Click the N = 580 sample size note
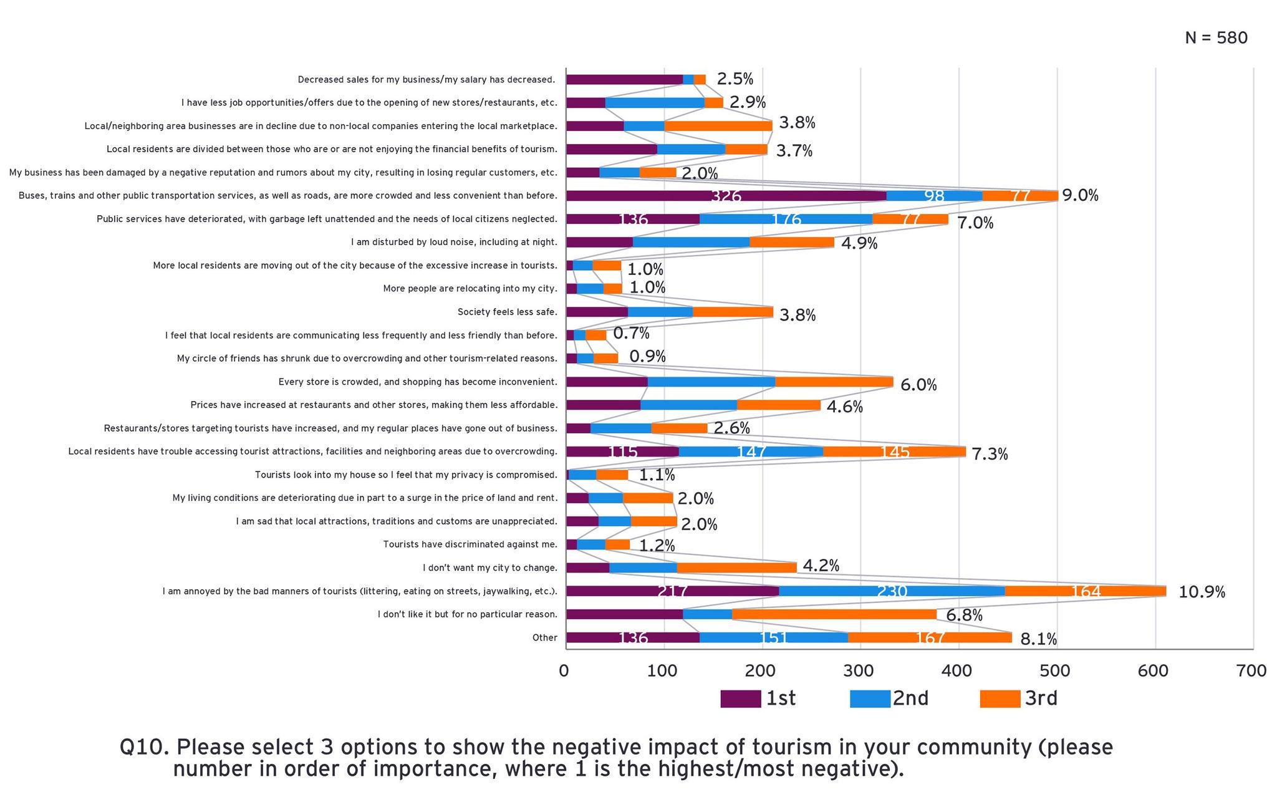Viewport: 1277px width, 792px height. [1216, 38]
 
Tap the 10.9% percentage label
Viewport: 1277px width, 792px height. [1202, 592]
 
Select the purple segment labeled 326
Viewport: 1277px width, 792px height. [726, 196]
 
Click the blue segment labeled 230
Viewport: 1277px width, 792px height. [892, 591]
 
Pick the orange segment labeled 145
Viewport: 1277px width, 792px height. [894, 452]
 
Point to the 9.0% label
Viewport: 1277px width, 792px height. [1080, 195]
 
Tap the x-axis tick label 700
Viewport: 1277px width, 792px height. [1251, 671]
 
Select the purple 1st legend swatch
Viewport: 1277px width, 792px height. [740, 699]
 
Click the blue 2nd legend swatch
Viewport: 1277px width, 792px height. [870, 699]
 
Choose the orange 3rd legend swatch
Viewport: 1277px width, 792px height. [1000, 699]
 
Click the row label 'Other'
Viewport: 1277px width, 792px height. [544, 638]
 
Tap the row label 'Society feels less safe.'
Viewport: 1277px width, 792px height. [507, 312]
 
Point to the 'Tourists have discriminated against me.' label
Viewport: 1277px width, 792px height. [470, 544]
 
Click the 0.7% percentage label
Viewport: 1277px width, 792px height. [631, 334]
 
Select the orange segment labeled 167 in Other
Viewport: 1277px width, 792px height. [930, 637]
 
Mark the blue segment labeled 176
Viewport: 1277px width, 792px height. [786, 219]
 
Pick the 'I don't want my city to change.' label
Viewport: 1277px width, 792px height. [489, 568]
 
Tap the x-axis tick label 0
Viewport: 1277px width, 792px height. [564, 671]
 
